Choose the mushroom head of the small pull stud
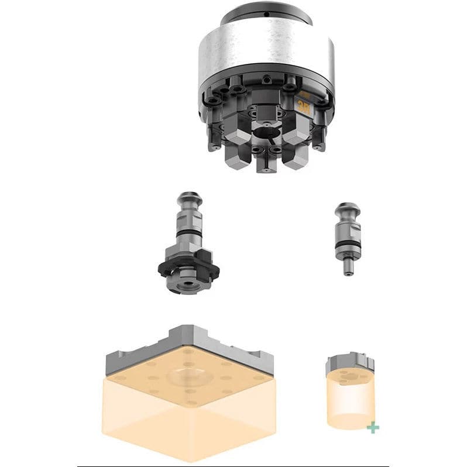pyautogui.click(x=346, y=211)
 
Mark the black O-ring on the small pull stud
pyautogui.click(x=347, y=245)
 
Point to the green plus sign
pyautogui.click(x=372, y=428)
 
